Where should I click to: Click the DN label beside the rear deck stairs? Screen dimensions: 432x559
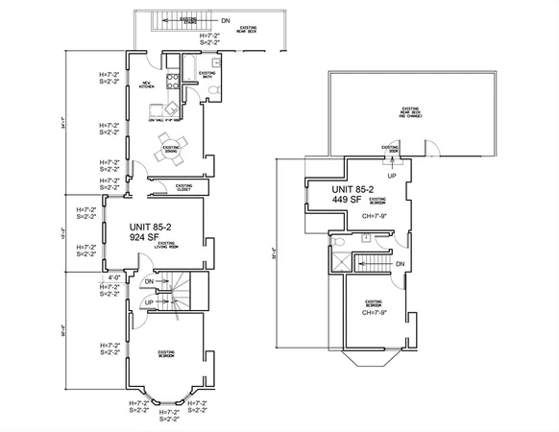(x=225, y=19)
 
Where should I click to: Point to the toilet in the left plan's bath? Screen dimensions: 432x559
(x=209, y=93)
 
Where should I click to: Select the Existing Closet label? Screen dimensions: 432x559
(x=183, y=186)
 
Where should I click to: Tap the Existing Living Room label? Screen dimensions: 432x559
(x=167, y=246)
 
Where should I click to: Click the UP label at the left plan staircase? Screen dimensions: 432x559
(x=149, y=302)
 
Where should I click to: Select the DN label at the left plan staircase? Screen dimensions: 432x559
(x=149, y=282)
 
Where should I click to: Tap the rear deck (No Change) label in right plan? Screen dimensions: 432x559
(x=412, y=112)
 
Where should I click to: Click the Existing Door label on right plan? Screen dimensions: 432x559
(x=392, y=150)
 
